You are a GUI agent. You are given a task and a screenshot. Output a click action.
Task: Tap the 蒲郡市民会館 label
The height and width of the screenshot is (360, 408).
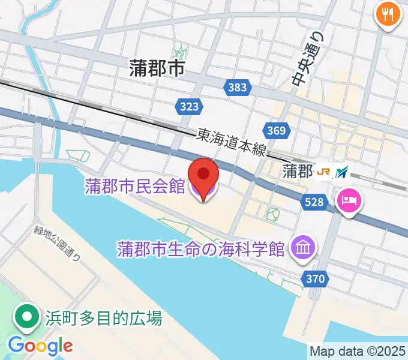pos(134,187)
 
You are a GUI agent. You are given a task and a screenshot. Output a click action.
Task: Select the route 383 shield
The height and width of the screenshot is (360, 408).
pos(237,88)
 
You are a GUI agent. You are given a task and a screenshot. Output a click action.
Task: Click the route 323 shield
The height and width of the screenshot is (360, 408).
pos(189,107)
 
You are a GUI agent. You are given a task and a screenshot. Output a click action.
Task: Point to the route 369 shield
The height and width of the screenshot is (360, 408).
pos(277,130)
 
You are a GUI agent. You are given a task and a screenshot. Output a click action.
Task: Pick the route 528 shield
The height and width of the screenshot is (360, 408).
pos(316,203)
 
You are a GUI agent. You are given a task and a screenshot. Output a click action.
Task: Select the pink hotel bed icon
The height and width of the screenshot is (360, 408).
pos(349,200)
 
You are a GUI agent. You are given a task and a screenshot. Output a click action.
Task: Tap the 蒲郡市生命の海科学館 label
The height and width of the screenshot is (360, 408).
pos(200,247)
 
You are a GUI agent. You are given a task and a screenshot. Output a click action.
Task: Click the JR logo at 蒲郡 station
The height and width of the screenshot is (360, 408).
pos(324,172)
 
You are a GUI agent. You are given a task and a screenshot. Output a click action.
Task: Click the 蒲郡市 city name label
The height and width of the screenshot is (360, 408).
pos(155,69)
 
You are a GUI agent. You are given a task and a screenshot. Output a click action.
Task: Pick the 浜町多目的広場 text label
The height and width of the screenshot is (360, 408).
pos(103,317)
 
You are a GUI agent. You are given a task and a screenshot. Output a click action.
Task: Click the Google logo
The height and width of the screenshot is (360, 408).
pos(40,346)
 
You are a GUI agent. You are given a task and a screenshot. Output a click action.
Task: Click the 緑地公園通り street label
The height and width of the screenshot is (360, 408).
pos(58,241)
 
